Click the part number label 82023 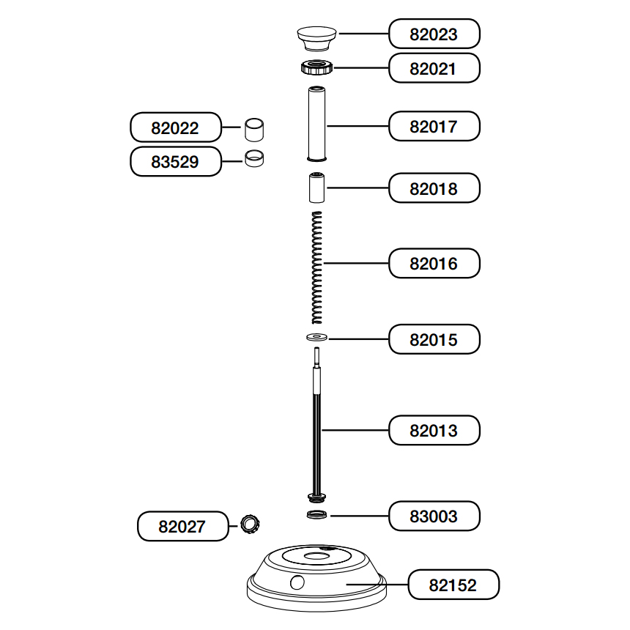(434, 34)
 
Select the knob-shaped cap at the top (316, 39)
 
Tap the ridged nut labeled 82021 (317, 67)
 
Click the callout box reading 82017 (434, 126)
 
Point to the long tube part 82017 (316, 124)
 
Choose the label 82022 (176, 127)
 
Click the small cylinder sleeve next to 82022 (254, 130)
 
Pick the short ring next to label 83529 (254, 158)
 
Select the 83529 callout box (176, 161)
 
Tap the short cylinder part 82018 (316, 188)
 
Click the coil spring (317, 268)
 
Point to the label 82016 (434, 263)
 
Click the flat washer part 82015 (316, 337)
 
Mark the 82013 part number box (434, 430)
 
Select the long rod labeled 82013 (316, 425)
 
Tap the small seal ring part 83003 (316, 514)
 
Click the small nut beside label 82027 (250, 525)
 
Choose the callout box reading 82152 (453, 585)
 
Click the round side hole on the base (297, 582)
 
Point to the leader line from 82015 (358, 339)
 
